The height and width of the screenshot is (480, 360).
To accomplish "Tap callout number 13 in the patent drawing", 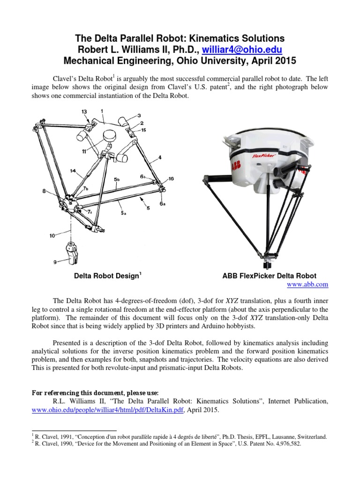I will pos(84,111).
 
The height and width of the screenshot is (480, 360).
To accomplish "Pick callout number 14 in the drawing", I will pos(73,171).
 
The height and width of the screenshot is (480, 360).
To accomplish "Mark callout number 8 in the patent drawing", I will pos(44,191).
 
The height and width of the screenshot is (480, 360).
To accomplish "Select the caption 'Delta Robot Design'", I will pos(107,276).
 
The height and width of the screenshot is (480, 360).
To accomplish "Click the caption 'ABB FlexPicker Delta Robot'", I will pos(269,276).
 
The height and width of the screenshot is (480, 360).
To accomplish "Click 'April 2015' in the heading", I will pos(272,61).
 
